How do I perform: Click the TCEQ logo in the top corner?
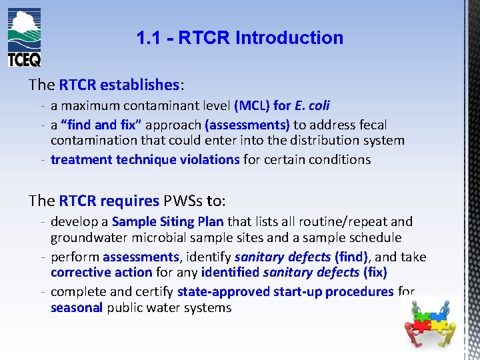[x=24, y=37]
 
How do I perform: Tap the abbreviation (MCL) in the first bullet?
[x=252, y=105]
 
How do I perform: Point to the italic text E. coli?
[x=312, y=105]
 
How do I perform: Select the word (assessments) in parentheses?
[x=247, y=125]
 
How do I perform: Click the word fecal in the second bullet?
[x=372, y=125]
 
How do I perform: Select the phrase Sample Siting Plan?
[x=169, y=221]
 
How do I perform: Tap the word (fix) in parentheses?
[x=375, y=273]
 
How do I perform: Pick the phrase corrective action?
[x=101, y=273]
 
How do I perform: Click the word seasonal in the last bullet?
[x=76, y=307]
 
